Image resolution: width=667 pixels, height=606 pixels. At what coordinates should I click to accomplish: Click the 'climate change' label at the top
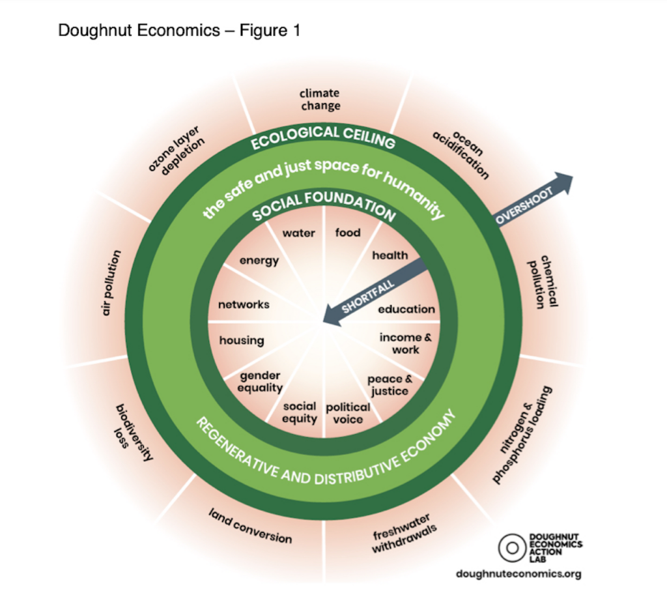[x=320, y=99]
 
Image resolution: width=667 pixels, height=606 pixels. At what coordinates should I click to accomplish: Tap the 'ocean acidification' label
[x=461, y=154]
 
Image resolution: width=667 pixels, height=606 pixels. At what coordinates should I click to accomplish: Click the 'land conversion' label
[x=251, y=526]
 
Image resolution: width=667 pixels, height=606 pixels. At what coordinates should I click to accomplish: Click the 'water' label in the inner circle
[x=298, y=233]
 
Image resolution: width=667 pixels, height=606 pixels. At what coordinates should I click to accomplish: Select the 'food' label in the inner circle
[x=347, y=233]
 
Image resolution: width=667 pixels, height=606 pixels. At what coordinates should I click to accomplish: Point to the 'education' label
[x=406, y=309]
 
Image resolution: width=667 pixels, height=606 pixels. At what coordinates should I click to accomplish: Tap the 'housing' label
[x=242, y=340]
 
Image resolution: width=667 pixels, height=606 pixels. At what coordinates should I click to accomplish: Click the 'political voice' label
[x=348, y=412]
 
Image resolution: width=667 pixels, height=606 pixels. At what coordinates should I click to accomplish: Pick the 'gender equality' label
[x=261, y=382]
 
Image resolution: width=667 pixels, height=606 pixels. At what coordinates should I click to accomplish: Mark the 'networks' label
[x=244, y=304]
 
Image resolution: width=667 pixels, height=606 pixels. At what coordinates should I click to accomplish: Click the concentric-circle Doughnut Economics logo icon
[x=511, y=547]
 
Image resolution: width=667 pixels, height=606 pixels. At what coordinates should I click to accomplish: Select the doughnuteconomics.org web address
[x=518, y=573]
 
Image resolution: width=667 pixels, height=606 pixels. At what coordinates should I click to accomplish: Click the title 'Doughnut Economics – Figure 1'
[x=179, y=31]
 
